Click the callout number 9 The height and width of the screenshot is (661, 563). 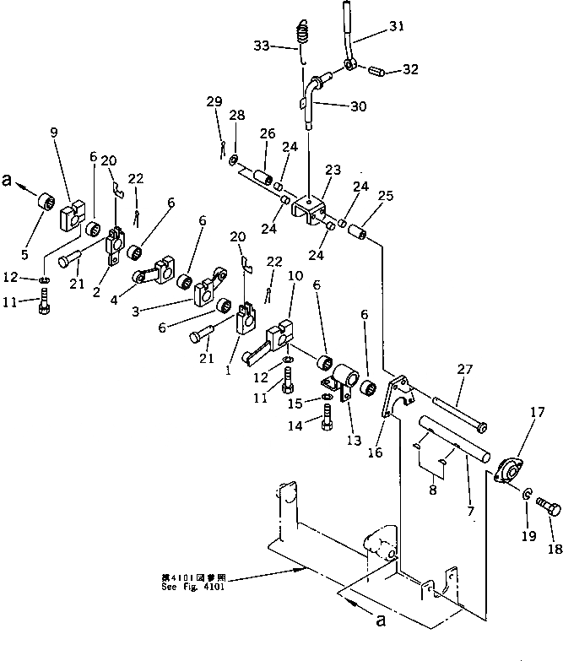point(55,132)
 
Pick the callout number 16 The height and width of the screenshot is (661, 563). point(375,452)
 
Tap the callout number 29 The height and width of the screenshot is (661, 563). point(215,102)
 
